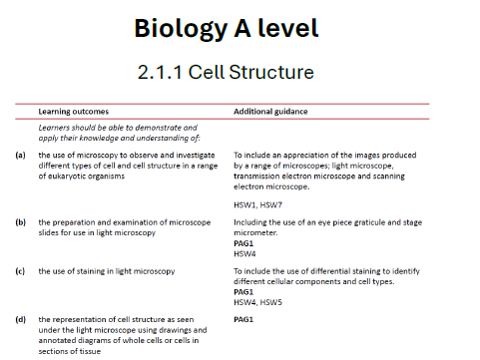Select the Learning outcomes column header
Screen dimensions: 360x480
tap(74, 111)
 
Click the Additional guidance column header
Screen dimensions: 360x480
tap(270, 111)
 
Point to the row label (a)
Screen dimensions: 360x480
tap(20, 156)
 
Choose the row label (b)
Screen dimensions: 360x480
tap(20, 221)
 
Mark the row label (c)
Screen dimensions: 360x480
tap(20, 271)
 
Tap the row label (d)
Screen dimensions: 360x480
tap(20, 320)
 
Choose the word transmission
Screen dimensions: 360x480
tap(259, 176)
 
